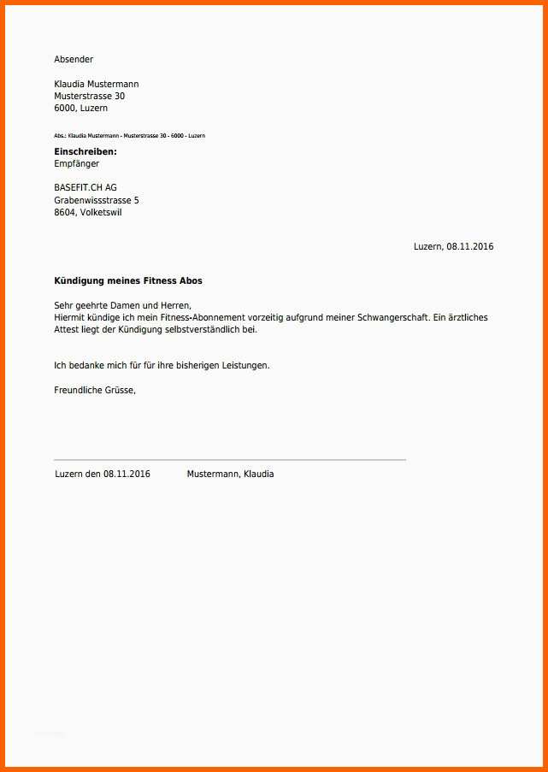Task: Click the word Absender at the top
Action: pos(74,59)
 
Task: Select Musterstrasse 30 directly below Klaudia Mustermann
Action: pos(89,97)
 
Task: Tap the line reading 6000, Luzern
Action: pos(80,109)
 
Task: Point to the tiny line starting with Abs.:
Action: pos(129,136)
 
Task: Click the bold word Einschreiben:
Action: pos(85,151)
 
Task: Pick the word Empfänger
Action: pos(77,163)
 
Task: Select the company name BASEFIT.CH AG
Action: pos(85,188)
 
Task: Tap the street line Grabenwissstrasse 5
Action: pos(96,200)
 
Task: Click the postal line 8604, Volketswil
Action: pos(87,212)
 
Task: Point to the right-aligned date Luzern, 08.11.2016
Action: pos(453,246)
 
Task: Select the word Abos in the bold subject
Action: pos(191,280)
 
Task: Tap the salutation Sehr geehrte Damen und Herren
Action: pos(122,305)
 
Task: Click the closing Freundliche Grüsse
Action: pos(95,390)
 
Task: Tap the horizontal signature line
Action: pos(229,460)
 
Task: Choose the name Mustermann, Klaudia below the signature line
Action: pos(230,474)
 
